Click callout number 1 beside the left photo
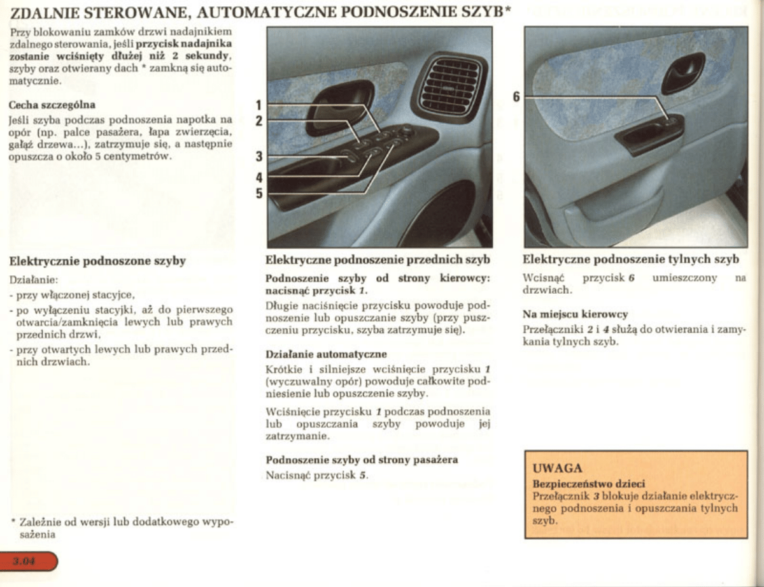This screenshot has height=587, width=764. coord(259,105)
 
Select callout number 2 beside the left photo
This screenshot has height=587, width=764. coord(259,120)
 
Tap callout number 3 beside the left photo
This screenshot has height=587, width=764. coord(259,156)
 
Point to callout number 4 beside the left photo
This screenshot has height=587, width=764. coord(259,177)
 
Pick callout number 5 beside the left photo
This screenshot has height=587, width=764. coord(259,192)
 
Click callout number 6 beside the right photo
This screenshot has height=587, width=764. coord(516,96)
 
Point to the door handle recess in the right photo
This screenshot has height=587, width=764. coord(683,73)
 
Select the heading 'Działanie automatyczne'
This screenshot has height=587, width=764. coord(326,353)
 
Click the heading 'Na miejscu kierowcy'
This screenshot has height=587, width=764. coord(575,314)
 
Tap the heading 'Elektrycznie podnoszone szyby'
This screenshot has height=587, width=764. coord(97,261)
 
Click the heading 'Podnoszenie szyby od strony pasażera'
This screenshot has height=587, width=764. coord(362,460)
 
